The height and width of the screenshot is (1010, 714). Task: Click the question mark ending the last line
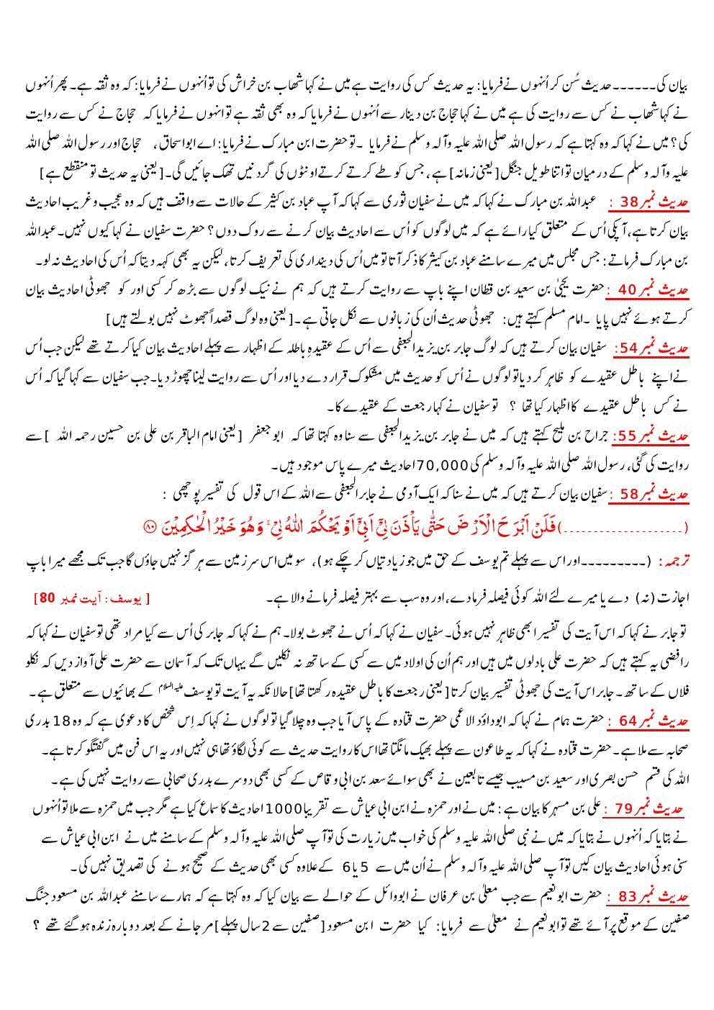[x=35, y=924]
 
